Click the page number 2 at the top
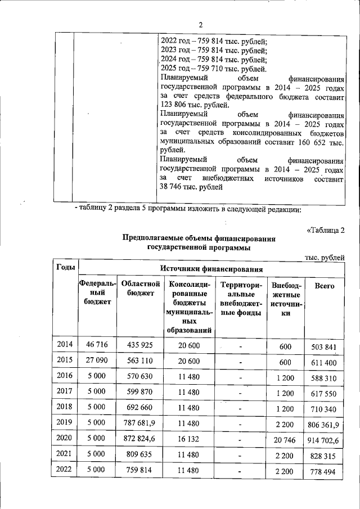[200, 24]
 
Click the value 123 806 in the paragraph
[174, 105]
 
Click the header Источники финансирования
[211, 268]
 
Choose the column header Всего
[325, 286]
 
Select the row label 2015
[65, 360]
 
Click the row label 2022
[65, 469]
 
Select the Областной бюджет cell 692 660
[141, 407]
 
